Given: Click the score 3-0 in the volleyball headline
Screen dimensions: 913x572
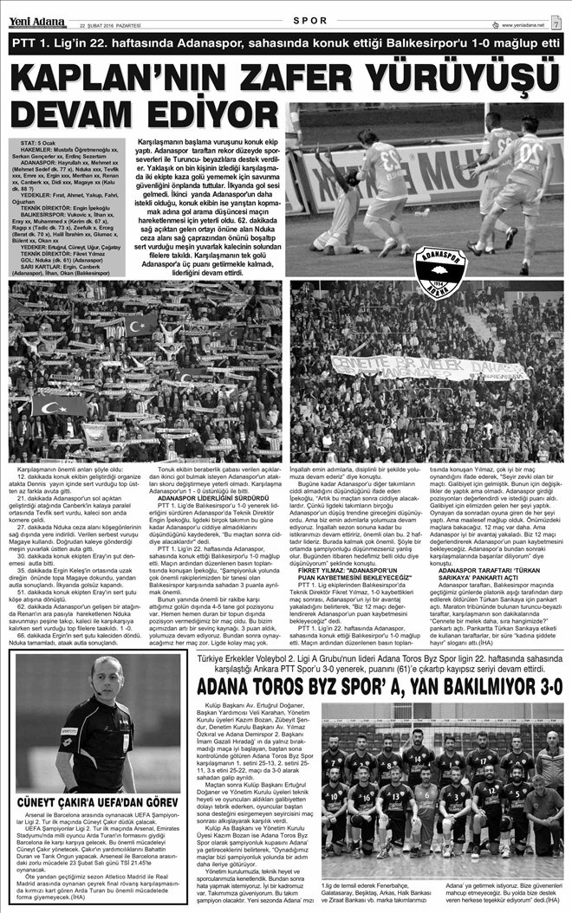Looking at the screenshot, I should (538, 711).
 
